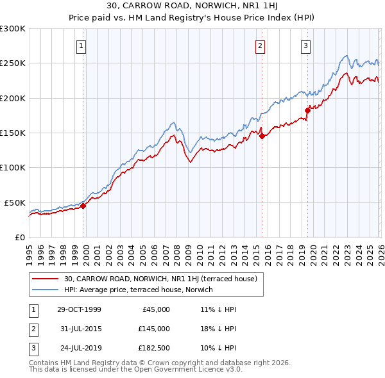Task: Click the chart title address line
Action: pyautogui.click(x=192, y=6)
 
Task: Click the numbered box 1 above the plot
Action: pyautogui.click(x=83, y=45)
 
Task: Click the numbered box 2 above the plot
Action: pyautogui.click(x=261, y=45)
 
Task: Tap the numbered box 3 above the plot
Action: pyautogui.click(x=305, y=45)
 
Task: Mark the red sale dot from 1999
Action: pyautogui.click(x=83, y=206)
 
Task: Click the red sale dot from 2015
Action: pyautogui.click(x=262, y=135)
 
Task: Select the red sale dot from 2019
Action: pyautogui.click(x=307, y=110)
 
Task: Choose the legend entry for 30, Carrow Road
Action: pyautogui.click(x=160, y=279)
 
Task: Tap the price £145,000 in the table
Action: pyautogui.click(x=153, y=329)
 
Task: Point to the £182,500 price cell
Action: pyautogui.click(x=153, y=349)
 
